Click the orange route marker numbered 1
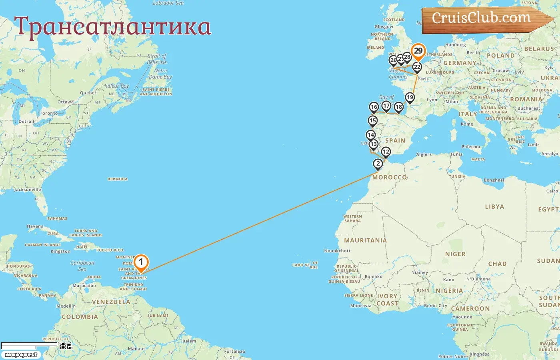[x=141, y=263]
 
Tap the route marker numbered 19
[x=410, y=98]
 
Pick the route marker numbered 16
[x=374, y=107]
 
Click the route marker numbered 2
[x=378, y=164]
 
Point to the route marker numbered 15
[x=373, y=121]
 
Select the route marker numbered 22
[x=417, y=67]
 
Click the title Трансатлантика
[x=112, y=27]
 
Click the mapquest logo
[x=21, y=355]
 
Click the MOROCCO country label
[x=389, y=177]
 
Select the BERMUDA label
[x=118, y=179]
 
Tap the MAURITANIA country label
[x=365, y=240]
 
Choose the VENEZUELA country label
[x=111, y=302]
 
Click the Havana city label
[x=35, y=226]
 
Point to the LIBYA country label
[x=494, y=207]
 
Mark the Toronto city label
[x=49, y=114]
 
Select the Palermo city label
[x=471, y=147]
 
